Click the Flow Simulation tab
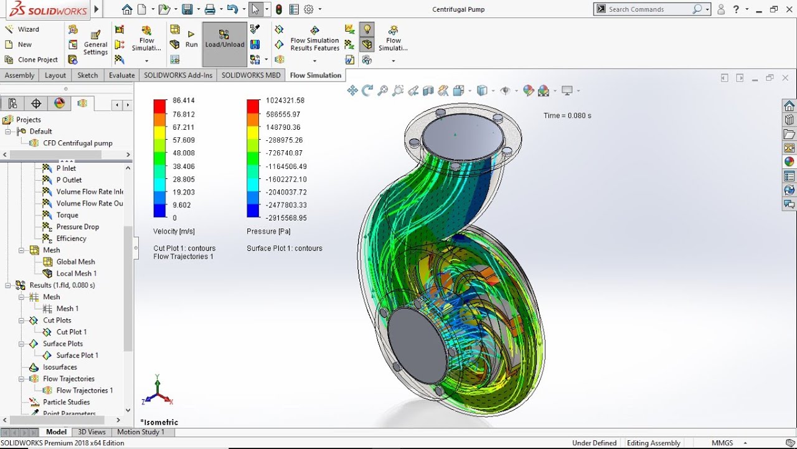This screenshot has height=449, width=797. (316, 75)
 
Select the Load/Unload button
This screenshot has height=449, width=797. (225, 44)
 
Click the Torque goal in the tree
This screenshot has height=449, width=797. (67, 215)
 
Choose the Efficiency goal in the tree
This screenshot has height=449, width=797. (71, 238)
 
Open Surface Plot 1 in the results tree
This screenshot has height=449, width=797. (77, 355)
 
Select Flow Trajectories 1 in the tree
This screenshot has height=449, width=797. (85, 390)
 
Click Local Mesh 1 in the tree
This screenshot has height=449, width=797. (77, 273)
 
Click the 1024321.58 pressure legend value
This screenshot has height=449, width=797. (285, 100)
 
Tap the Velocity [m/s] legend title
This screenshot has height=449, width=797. (174, 231)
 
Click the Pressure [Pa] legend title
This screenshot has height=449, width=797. (269, 231)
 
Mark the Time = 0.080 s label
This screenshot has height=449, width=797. (567, 115)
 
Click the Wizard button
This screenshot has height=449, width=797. (28, 29)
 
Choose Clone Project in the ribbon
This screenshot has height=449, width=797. (37, 60)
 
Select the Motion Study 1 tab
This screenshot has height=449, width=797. (141, 432)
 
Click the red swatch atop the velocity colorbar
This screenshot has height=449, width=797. (160, 106)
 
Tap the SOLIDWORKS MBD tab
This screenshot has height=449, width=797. (251, 75)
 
